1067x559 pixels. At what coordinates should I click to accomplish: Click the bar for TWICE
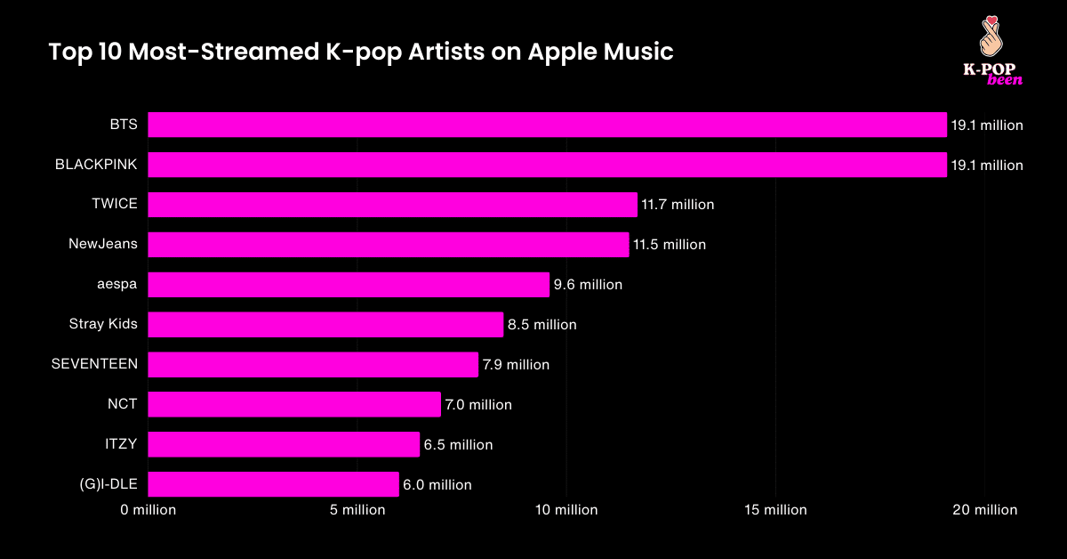[392, 205]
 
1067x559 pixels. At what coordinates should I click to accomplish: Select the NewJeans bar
[388, 245]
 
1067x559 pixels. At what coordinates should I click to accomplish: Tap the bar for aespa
[349, 285]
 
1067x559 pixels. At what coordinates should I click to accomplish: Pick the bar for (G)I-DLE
[273, 484]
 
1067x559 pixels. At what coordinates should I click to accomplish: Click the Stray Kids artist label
[103, 324]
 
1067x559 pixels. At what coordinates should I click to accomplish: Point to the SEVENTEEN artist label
[94, 364]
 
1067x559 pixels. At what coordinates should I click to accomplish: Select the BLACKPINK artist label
[96, 165]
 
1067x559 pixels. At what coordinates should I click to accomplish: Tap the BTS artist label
[124, 125]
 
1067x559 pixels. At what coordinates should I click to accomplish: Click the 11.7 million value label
[678, 205]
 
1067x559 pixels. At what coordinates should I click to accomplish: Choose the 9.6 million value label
[588, 285]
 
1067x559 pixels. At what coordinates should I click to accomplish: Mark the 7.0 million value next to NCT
[478, 405]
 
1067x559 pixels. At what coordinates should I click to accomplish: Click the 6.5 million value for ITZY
[458, 445]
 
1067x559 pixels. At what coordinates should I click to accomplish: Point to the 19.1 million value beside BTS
[987, 126]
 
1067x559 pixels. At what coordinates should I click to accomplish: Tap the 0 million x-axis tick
[148, 510]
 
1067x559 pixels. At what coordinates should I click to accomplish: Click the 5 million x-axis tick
[357, 510]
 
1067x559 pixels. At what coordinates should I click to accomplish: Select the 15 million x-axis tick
[775, 510]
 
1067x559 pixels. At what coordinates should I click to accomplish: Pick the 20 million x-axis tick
[984, 510]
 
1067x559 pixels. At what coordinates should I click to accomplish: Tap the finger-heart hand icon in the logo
[991, 36]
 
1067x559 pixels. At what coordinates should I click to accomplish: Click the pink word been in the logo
[1005, 80]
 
